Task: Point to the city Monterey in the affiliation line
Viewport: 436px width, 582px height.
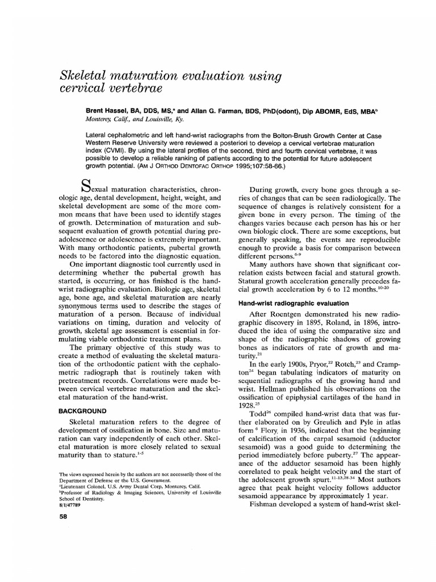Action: [97, 120]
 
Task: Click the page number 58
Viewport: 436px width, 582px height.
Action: [64, 517]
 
